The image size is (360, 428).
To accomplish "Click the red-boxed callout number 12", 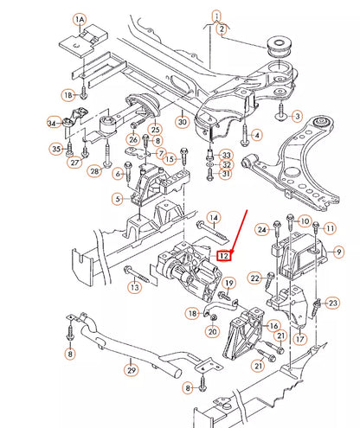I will tap(224, 255).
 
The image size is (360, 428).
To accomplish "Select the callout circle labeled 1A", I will tap(79, 18).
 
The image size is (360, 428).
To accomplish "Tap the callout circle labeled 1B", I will tap(67, 93).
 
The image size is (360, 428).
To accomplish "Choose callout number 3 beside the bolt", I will tap(297, 115).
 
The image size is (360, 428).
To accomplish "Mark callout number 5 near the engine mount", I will tap(118, 200).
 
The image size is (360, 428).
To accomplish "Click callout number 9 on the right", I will tap(339, 251).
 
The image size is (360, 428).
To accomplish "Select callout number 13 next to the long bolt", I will tap(133, 285).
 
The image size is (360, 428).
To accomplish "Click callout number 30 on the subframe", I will tap(181, 123).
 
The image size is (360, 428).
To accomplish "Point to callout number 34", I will tap(53, 124).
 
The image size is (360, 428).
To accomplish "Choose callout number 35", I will tap(55, 149).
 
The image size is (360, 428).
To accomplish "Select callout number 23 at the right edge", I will tap(333, 303).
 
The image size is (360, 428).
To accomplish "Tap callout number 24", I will tap(261, 230).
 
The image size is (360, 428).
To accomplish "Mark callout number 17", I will tap(299, 339).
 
